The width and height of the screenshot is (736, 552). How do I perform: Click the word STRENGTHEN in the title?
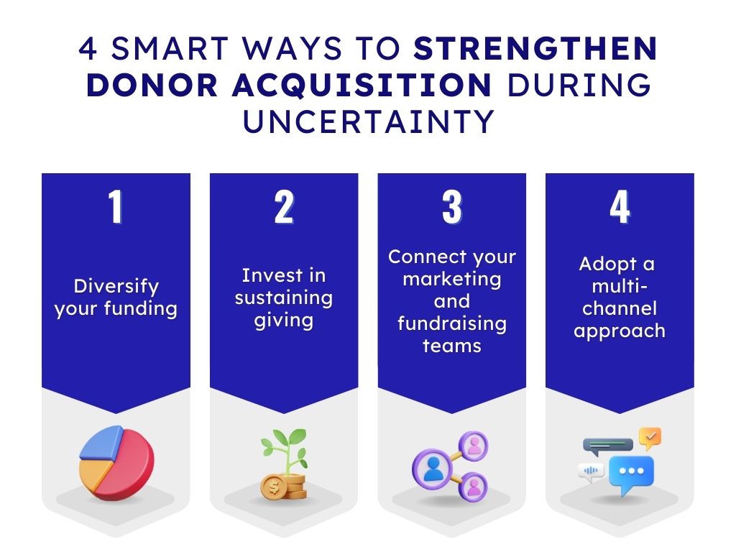pyautogui.click(x=535, y=48)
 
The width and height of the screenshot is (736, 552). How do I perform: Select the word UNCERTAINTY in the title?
pyautogui.click(x=369, y=121)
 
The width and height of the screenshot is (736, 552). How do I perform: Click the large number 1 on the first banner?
pyautogui.click(x=116, y=206)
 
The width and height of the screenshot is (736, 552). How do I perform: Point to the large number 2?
pyautogui.click(x=284, y=206)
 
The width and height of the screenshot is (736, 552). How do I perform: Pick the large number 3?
pyautogui.click(x=452, y=206)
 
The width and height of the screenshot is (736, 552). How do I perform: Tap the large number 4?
pyautogui.click(x=620, y=206)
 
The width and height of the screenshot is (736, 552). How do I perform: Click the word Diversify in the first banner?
pyautogui.click(x=116, y=286)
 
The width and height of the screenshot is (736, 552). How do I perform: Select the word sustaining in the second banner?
pyautogui.click(x=284, y=298)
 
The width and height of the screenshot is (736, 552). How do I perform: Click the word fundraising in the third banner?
pyautogui.click(x=452, y=324)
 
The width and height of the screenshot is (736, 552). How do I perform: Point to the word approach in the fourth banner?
pyautogui.click(x=620, y=331)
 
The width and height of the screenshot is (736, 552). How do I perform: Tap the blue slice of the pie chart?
pyautogui.click(x=101, y=442)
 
